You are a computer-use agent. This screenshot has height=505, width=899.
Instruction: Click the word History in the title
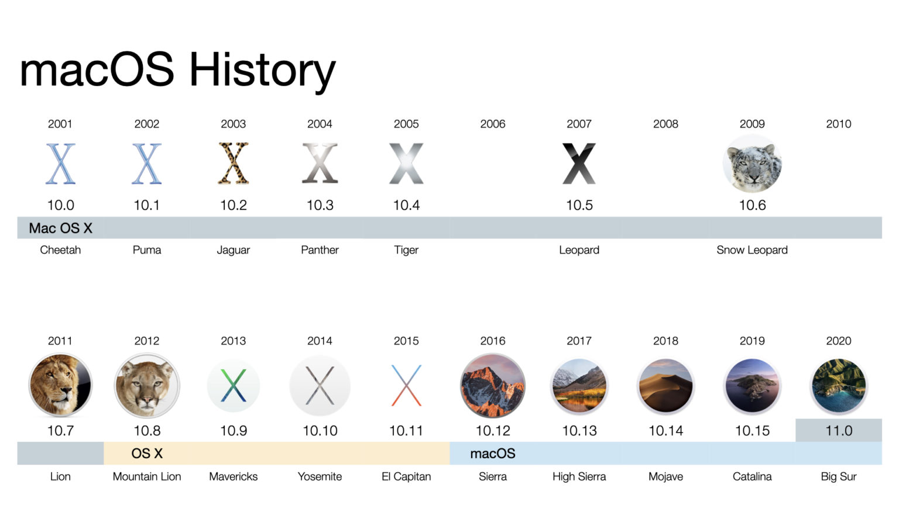[x=262, y=70]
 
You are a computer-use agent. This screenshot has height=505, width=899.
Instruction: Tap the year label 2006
[x=492, y=124]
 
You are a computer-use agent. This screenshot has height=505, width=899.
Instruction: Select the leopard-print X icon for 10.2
[x=233, y=164]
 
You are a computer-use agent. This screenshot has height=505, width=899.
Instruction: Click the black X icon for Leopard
[x=579, y=164]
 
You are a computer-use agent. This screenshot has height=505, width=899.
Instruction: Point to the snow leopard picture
[x=752, y=164]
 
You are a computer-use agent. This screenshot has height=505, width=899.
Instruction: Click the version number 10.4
[x=406, y=205]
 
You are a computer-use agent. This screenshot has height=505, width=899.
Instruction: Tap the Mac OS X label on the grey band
[x=61, y=228]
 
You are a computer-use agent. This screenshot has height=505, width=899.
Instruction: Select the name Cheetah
[x=60, y=250]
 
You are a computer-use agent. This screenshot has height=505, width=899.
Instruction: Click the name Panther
[x=320, y=250]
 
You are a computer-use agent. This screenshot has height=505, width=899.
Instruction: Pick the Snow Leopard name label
[x=752, y=250]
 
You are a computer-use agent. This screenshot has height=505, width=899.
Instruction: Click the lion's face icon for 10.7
[x=60, y=386]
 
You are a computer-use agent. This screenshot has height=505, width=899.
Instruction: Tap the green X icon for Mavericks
[x=233, y=386]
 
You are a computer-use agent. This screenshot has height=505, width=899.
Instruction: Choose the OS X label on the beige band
[x=147, y=454]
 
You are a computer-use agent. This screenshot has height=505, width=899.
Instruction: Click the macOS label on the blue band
[x=492, y=454]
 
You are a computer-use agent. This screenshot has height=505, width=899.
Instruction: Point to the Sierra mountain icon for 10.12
[x=492, y=386]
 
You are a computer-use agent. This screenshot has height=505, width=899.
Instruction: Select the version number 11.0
[x=838, y=431]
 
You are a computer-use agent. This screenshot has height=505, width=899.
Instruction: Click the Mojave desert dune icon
[x=665, y=386]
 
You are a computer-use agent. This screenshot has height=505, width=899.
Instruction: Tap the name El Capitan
[x=406, y=476]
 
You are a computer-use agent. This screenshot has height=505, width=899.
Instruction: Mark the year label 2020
[x=838, y=341]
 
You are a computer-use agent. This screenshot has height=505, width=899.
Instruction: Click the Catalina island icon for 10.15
[x=752, y=386]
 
